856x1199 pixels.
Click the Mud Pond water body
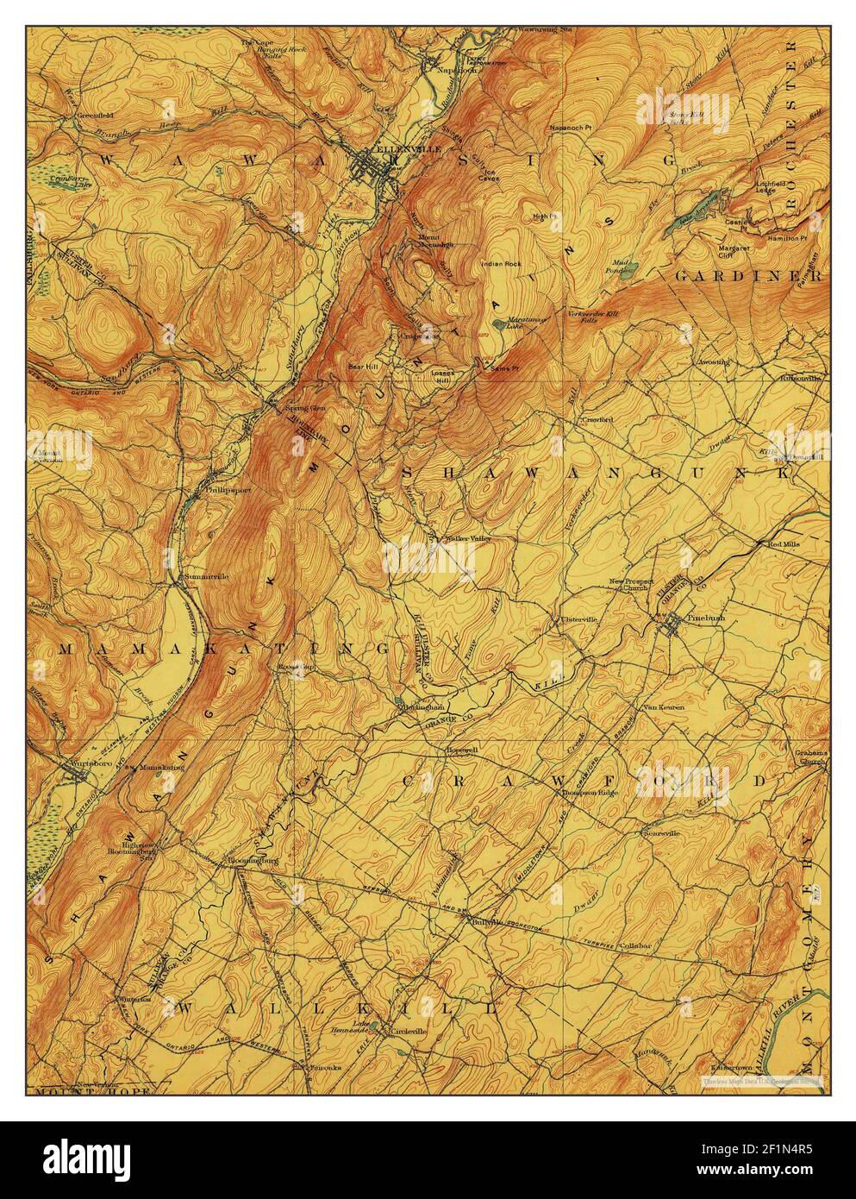(632, 265)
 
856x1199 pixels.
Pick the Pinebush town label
(706, 618)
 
